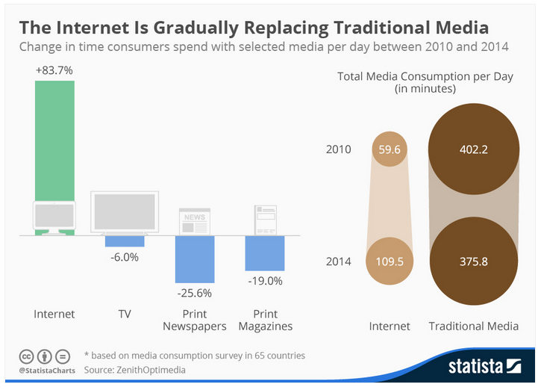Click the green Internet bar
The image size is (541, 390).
coord(54,138)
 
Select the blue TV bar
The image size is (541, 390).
coord(125,241)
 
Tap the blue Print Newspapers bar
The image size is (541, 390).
coord(195,259)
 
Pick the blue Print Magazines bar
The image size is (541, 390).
coord(265,253)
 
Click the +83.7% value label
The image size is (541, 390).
coord(54,71)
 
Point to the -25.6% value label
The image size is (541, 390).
coord(195,292)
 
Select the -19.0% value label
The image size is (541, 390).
coord(265,281)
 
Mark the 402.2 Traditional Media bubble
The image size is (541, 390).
coord(473,149)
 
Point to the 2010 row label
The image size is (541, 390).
coord(338,149)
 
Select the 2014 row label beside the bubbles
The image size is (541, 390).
coord(338,261)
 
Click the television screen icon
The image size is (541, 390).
coord(125,211)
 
